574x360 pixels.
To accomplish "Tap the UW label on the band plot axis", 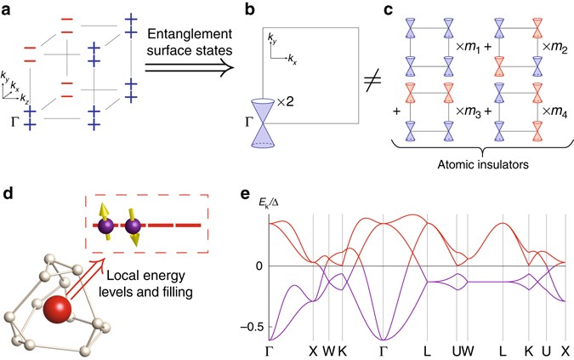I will (464, 349).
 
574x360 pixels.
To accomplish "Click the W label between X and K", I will (329, 349).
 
